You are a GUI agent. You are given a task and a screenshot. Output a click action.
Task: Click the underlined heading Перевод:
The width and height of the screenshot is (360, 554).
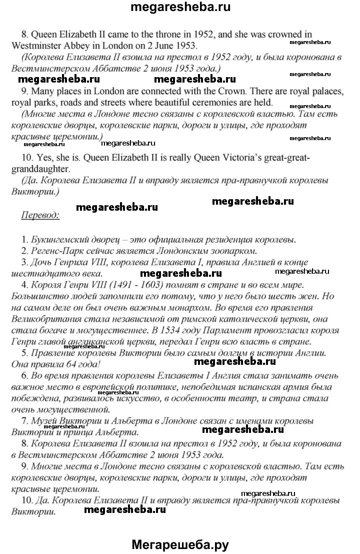point(40,215)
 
